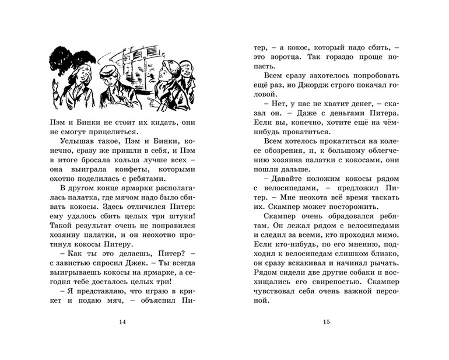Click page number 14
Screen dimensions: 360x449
(121, 321)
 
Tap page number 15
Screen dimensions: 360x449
(327, 321)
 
